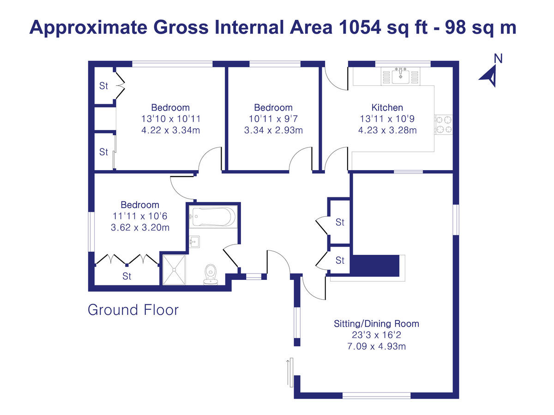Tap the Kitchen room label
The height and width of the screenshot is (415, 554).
coord(387,107)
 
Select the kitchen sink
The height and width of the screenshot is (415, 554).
coord(400,76)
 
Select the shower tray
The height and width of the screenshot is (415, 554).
coord(174,269)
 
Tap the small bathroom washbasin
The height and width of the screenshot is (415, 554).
coord(194,241)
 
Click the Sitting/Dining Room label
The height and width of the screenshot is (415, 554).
coord(376,323)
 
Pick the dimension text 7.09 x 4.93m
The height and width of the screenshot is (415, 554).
coord(376,346)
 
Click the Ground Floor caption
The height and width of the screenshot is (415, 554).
coord(133,309)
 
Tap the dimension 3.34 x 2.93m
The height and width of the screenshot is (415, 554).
coord(273,130)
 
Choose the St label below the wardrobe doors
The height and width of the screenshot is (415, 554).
coord(126,276)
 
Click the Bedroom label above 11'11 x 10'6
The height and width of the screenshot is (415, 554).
coord(139,205)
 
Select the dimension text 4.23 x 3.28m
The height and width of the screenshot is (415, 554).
coord(387,130)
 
